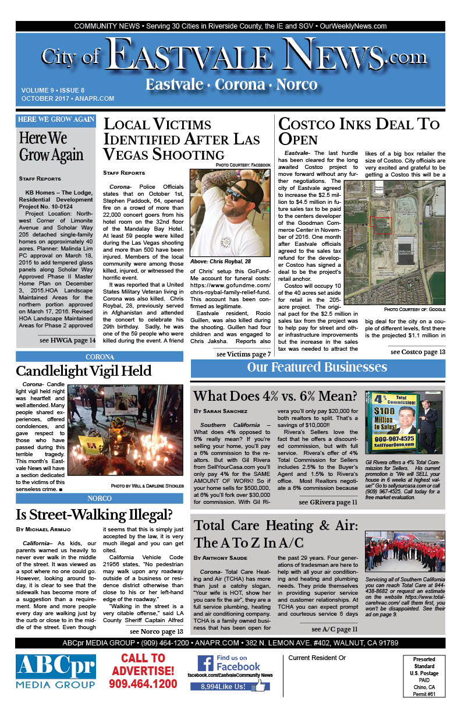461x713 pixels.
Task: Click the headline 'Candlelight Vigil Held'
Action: click(83, 371)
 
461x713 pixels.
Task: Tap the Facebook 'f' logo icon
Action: click(204, 662)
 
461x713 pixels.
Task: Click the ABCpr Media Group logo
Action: click(56, 670)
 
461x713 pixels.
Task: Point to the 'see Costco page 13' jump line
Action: click(417, 352)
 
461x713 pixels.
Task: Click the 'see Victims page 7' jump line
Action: click(243, 354)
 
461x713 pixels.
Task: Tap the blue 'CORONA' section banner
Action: click(100, 356)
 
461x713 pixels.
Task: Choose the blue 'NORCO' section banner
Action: click(100, 499)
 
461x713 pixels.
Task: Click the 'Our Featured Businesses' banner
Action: click(317, 367)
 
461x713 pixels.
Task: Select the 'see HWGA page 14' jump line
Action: click(68, 340)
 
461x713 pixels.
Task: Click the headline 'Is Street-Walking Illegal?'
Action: click(94, 515)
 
